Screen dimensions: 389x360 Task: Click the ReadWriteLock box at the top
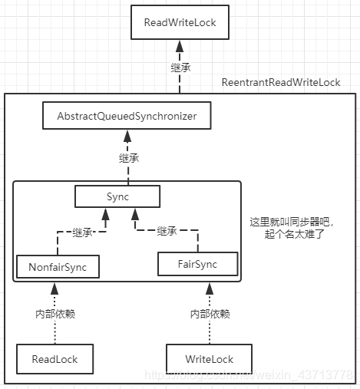pyautogui.click(x=180, y=22)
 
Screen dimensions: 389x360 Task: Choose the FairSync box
pyautogui.click(x=197, y=264)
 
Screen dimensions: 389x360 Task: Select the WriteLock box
pyautogui.click(x=208, y=358)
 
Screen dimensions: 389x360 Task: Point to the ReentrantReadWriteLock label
pyautogui.click(x=280, y=82)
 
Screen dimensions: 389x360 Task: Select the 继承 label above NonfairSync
pyautogui.click(x=82, y=231)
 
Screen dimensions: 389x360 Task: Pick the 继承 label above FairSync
pyautogui.click(x=167, y=231)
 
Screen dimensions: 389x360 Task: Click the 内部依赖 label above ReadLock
pyautogui.click(x=55, y=314)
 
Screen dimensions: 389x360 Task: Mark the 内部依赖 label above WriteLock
pyautogui.click(x=210, y=314)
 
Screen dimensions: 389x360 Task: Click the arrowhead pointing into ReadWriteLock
pyautogui.click(x=180, y=47)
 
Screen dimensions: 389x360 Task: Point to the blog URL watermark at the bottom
pyautogui.click(x=253, y=374)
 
